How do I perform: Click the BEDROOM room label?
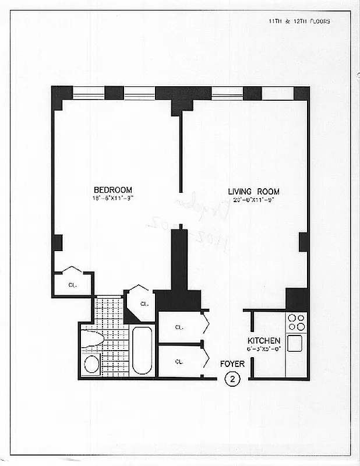pyautogui.click(x=113, y=190)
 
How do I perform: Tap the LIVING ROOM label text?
pyautogui.click(x=253, y=192)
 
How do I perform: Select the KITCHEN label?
pyautogui.click(x=264, y=341)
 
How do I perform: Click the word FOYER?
pyautogui.click(x=232, y=364)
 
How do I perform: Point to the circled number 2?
pyautogui.click(x=232, y=379)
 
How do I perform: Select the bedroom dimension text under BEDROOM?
pyautogui.click(x=113, y=200)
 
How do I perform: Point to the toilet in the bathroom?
pyautogui.click(x=93, y=340)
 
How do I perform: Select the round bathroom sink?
pyautogui.click(x=92, y=365)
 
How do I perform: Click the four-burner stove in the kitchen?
pyautogui.click(x=297, y=322)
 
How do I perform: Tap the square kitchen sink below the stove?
pyautogui.click(x=295, y=343)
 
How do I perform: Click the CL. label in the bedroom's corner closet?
pyautogui.click(x=72, y=285)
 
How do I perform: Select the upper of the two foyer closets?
pyautogui.click(x=179, y=327)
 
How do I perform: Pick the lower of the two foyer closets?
pyautogui.click(x=179, y=362)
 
